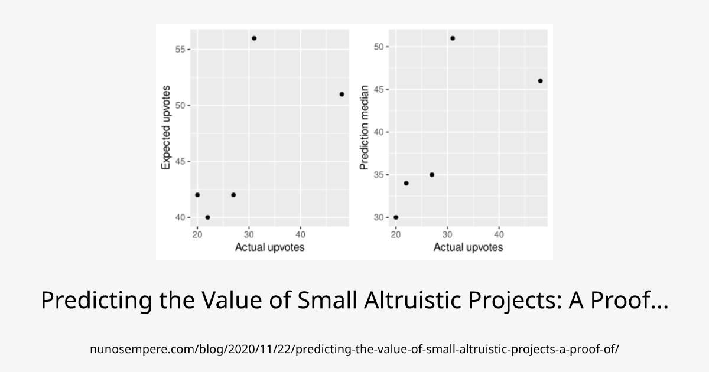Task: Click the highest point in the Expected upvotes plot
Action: [x=254, y=38]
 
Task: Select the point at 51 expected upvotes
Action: [x=342, y=94]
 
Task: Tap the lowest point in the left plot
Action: [x=207, y=217]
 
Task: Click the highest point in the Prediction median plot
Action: [x=453, y=38]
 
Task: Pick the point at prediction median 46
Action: [x=540, y=81]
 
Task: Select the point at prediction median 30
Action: [x=396, y=217]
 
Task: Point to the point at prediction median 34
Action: [x=406, y=183]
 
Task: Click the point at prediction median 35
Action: [x=432, y=175]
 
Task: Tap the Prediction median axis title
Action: [x=365, y=128]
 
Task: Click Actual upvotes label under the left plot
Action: [x=269, y=247]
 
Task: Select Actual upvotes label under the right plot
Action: [x=468, y=247]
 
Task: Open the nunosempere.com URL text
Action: [x=354, y=349]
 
